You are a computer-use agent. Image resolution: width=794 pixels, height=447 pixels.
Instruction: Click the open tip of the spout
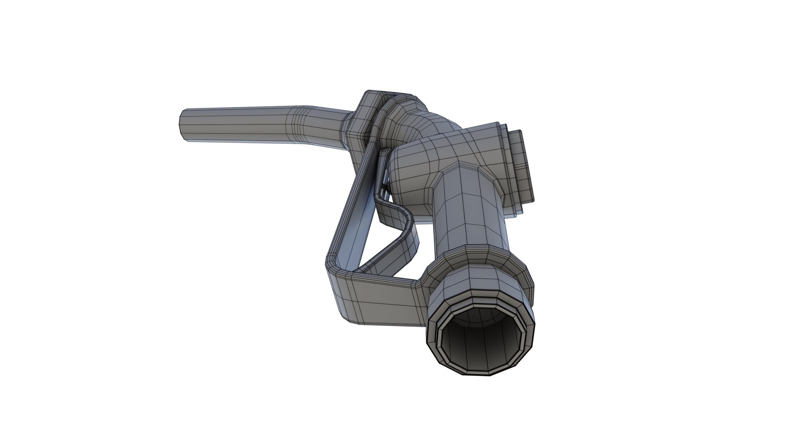coord(182,126)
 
